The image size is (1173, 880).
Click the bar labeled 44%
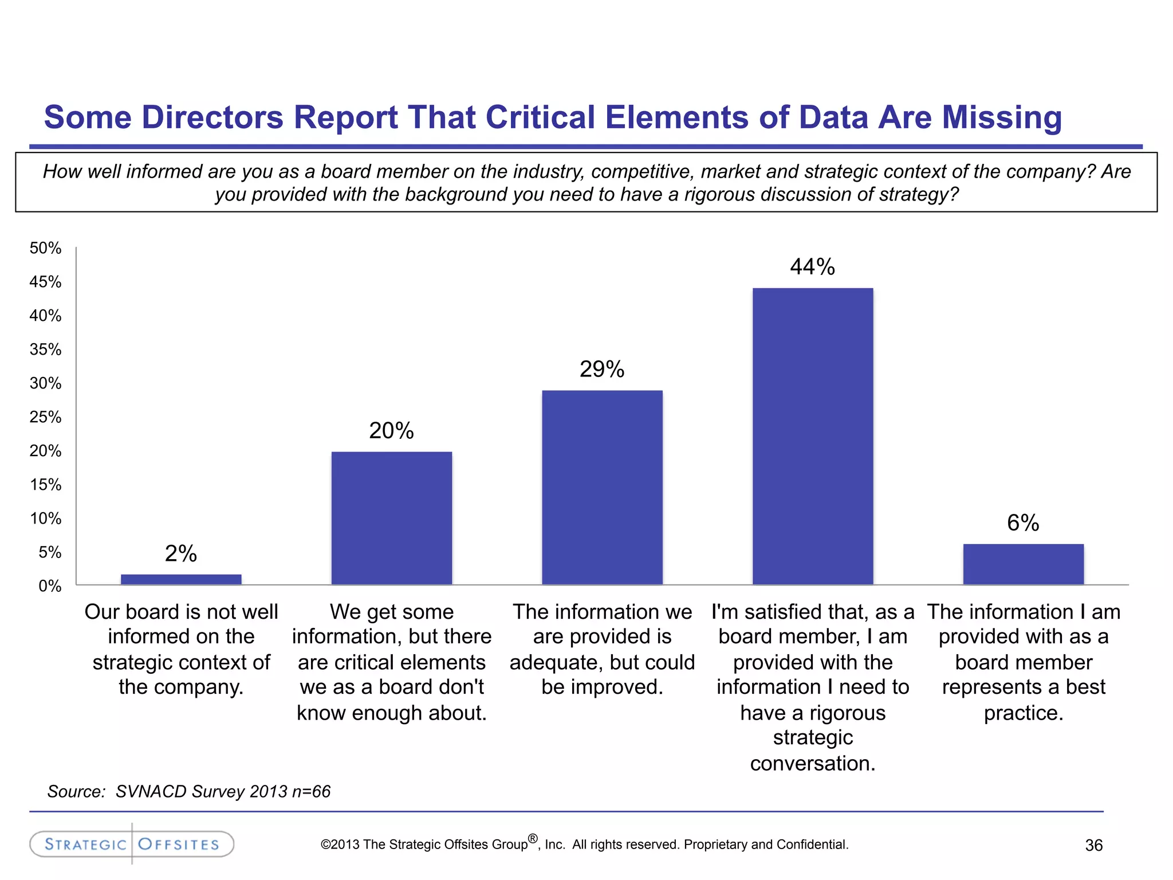point(813,435)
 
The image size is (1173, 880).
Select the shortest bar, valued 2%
point(181,579)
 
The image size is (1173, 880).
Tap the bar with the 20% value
point(392,518)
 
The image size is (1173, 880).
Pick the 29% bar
point(602,487)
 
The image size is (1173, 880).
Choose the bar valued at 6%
point(1023,564)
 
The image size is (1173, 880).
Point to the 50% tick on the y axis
point(46,248)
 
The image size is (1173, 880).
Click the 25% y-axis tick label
point(46,417)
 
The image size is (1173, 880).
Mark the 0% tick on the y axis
point(50,586)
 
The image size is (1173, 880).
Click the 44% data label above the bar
point(812,267)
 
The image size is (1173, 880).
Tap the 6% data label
point(1023,523)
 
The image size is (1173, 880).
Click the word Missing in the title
point(1002,117)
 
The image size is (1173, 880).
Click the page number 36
point(1093,846)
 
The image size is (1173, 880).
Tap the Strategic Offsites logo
point(132,844)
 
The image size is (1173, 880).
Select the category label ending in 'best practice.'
point(1024,662)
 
